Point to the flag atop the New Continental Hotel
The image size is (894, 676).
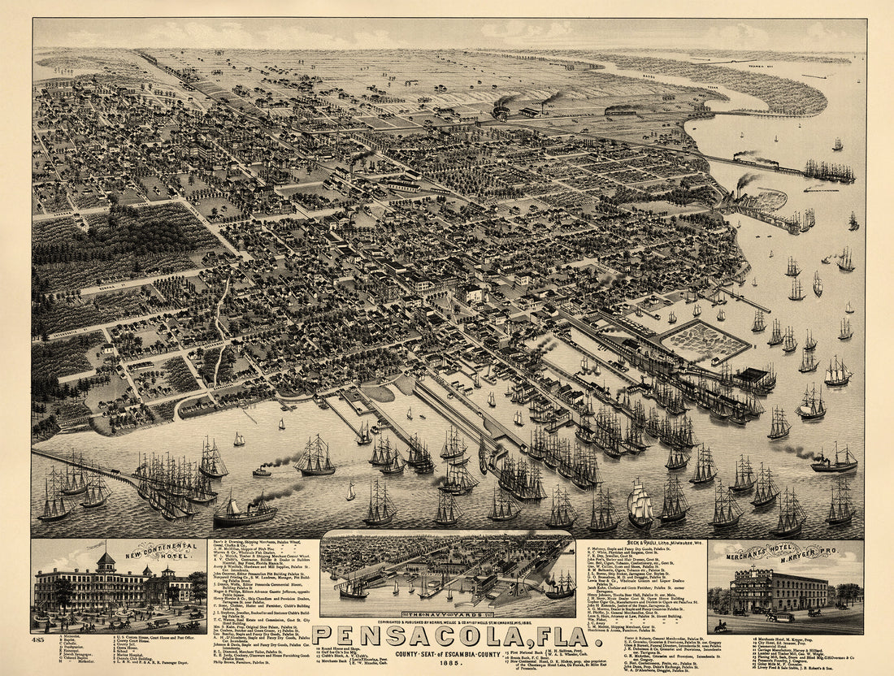pos(103,544)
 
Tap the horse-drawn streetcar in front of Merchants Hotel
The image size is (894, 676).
pos(780,617)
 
